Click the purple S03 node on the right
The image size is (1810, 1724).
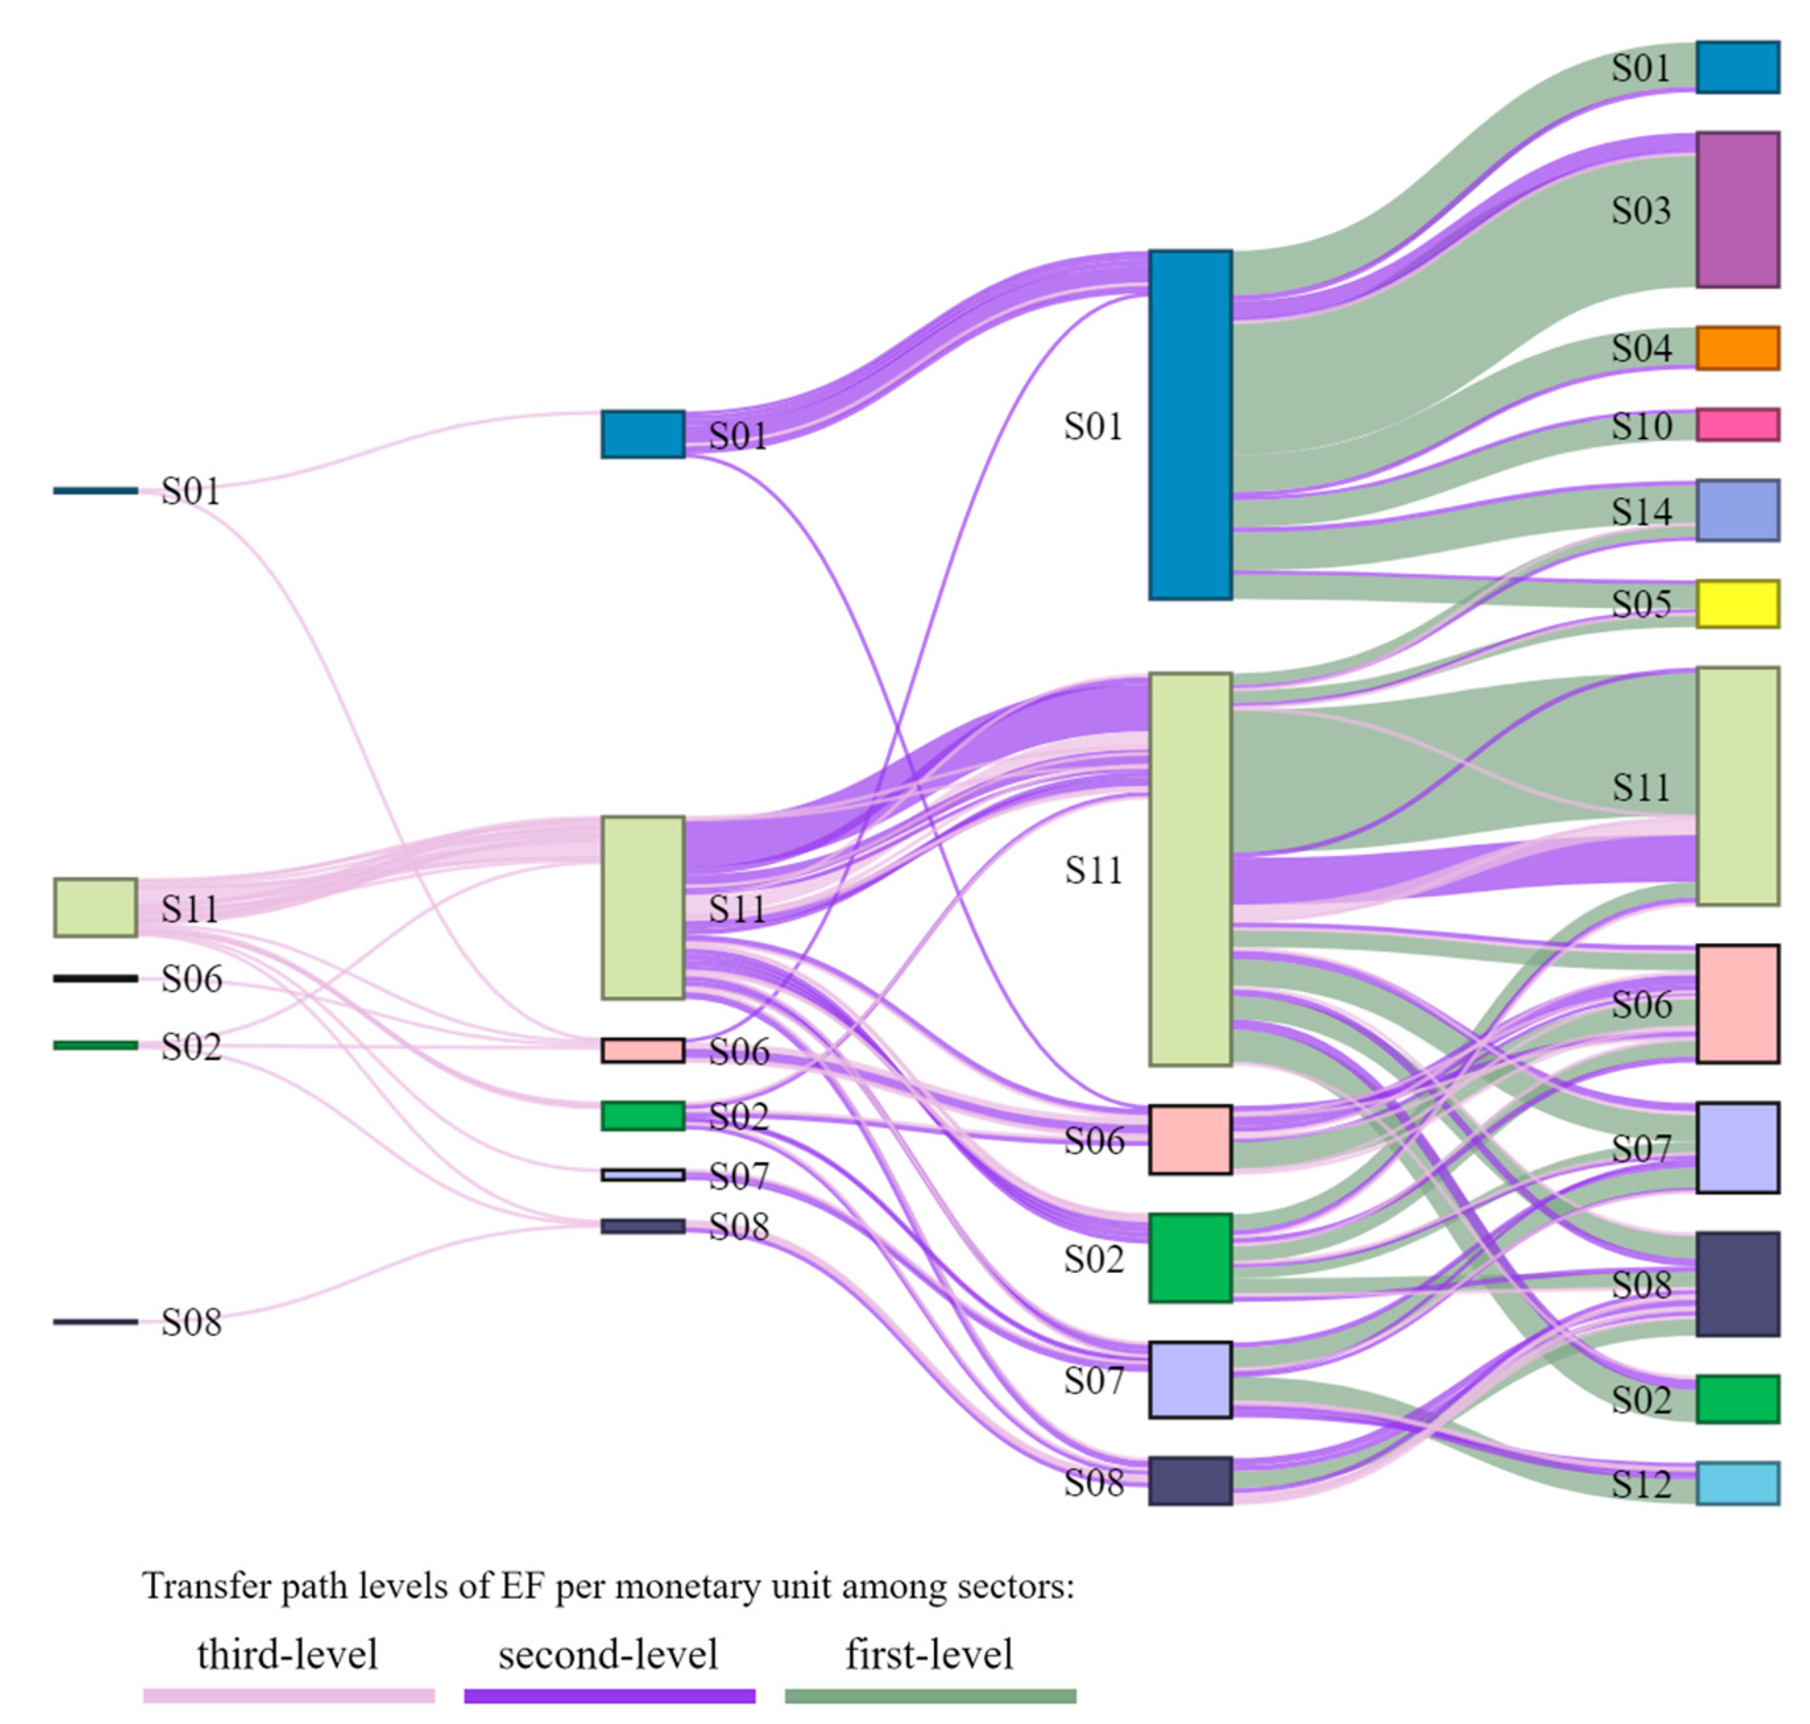[x=1736, y=210]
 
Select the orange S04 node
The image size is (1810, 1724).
[x=1736, y=348]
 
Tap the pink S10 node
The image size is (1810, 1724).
[x=1736, y=425]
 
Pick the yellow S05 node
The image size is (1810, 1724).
[x=1736, y=604]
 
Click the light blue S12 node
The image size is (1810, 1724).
[x=1736, y=1483]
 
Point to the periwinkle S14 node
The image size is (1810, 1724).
[x=1736, y=510]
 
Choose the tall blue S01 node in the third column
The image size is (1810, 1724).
[x=1190, y=425]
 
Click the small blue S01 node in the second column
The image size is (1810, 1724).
[x=642, y=434]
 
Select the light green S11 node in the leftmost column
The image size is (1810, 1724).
[x=96, y=907]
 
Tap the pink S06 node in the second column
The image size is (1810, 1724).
[x=642, y=1050]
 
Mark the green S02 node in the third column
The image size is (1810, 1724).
[x=1190, y=1257]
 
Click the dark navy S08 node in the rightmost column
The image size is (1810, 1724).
[x=1736, y=1284]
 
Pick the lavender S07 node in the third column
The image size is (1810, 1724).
[x=1190, y=1379]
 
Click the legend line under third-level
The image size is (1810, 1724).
[x=289, y=1696]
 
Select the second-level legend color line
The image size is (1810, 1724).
[x=609, y=1696]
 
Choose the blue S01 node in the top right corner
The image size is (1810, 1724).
[x=1736, y=67]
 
